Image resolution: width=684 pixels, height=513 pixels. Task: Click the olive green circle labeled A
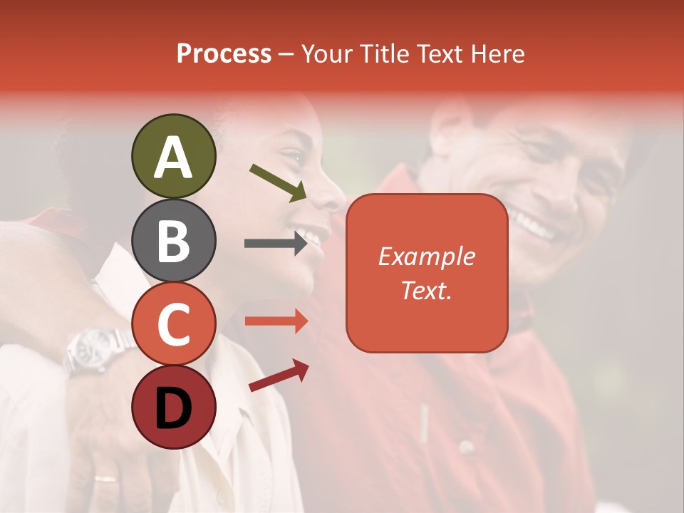173,156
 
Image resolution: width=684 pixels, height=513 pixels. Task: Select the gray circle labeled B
173,241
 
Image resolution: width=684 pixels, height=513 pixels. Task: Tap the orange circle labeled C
173,324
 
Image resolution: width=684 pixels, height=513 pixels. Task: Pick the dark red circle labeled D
173,407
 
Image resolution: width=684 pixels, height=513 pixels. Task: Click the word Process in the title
224,53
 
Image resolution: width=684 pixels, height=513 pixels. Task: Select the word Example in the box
426,256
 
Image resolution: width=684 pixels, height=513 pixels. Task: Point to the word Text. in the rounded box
426,290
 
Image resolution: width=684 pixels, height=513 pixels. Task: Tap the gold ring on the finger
105,478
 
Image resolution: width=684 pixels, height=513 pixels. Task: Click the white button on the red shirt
466,447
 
